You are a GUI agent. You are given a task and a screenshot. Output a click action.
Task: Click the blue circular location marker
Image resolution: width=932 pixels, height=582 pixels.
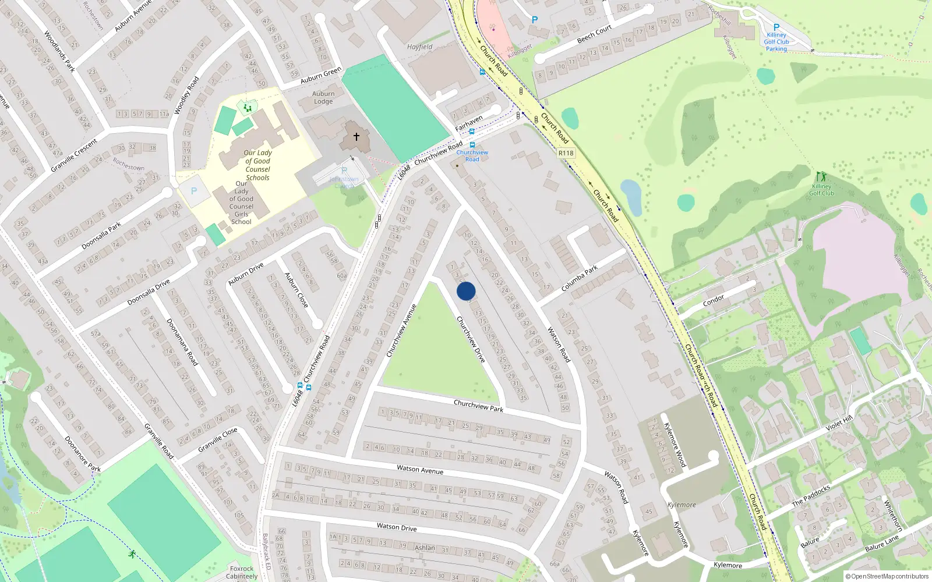(x=466, y=291)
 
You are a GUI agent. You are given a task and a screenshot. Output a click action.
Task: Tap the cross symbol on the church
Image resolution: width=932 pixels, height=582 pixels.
(x=356, y=137)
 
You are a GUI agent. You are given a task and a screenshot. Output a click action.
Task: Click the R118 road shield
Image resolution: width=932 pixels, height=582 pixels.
(x=566, y=153)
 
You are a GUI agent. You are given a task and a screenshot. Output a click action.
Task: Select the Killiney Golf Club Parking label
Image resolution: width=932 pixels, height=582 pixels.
(x=776, y=42)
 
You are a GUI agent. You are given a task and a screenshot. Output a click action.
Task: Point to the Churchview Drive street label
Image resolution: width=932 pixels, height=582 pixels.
(x=471, y=339)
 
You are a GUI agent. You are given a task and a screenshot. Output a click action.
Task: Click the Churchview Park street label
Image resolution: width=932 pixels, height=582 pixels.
(x=478, y=406)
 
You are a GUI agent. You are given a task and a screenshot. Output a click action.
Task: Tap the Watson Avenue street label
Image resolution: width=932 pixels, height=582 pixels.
(x=419, y=469)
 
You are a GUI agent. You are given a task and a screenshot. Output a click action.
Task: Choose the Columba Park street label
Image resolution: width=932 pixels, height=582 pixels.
(x=580, y=279)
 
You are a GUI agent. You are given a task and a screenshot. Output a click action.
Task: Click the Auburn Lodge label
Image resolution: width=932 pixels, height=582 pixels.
(x=323, y=97)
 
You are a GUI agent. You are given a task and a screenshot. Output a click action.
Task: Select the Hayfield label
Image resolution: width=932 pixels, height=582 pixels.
(x=419, y=47)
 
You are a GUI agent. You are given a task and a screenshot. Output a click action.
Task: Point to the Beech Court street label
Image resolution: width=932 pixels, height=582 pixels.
(x=594, y=34)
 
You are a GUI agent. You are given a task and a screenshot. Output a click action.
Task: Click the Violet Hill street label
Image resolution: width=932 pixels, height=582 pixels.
(x=839, y=423)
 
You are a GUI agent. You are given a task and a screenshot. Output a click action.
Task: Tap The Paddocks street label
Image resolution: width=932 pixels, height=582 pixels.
(x=810, y=495)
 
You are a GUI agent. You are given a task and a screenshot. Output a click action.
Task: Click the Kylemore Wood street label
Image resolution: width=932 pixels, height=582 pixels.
(x=675, y=445)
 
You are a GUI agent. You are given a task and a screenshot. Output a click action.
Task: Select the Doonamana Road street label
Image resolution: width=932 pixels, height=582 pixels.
(x=182, y=342)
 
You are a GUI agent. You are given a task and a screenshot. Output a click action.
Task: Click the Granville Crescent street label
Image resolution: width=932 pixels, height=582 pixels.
(x=74, y=155)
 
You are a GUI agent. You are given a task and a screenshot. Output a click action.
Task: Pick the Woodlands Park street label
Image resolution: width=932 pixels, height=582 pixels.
(x=59, y=52)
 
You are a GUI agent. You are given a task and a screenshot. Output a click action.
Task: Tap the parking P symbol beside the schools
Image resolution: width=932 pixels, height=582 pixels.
(x=194, y=191)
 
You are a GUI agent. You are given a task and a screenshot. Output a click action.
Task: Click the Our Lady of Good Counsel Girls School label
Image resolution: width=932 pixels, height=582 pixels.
(x=241, y=202)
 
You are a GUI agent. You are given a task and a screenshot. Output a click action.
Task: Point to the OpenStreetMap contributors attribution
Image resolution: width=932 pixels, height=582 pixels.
(x=887, y=576)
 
